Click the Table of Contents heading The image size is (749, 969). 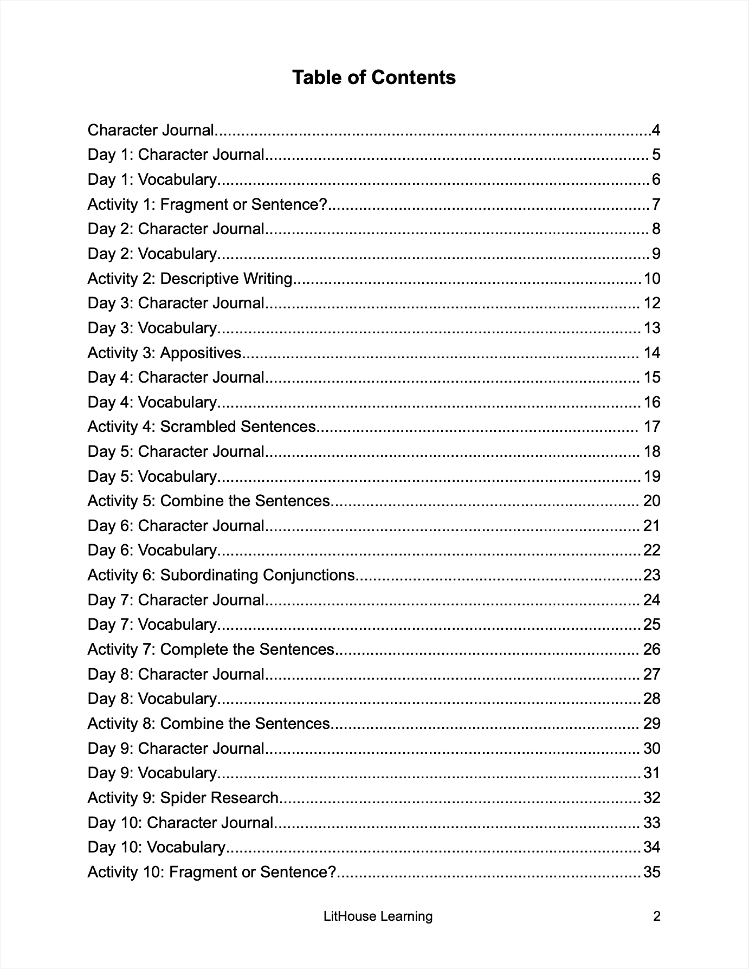374,77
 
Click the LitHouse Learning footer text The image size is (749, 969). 378,916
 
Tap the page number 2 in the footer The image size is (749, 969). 657,916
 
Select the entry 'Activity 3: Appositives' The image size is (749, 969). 164,353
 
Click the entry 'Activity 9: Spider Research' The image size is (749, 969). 183,798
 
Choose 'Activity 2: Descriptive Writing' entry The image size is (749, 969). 190,279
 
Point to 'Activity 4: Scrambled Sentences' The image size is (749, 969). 201,427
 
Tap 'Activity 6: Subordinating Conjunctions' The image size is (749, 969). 221,575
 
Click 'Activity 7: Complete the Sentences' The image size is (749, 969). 211,649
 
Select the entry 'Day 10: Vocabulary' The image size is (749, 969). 157,847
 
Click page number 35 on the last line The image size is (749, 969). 651,872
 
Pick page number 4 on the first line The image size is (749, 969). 656,130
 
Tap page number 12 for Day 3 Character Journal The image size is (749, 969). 651,303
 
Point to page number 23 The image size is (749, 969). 651,575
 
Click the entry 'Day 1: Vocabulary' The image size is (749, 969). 152,179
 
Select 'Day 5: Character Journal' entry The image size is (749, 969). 176,451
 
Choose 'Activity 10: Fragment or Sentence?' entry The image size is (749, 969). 212,872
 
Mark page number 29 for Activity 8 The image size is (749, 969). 651,723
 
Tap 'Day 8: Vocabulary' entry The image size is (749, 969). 152,699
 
